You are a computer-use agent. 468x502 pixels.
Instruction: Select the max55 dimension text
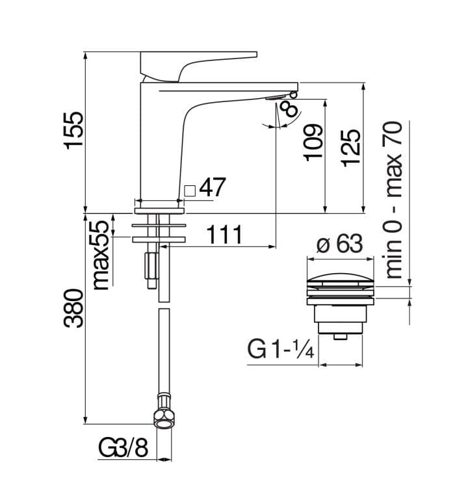tap(101, 255)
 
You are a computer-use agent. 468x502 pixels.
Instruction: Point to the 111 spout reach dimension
tap(224, 234)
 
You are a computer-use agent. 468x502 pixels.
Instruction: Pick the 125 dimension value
tap(350, 148)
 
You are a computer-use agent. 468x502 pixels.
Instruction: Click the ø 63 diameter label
tap(339, 244)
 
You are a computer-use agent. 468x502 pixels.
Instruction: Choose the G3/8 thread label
tap(124, 448)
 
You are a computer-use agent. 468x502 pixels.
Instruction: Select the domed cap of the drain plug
tap(341, 280)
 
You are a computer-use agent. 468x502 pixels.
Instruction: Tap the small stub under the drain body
tap(339, 337)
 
